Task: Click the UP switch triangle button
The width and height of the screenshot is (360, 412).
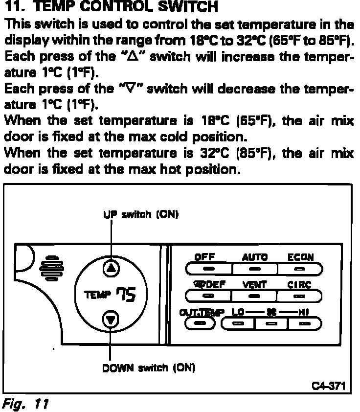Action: click(x=112, y=268)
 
